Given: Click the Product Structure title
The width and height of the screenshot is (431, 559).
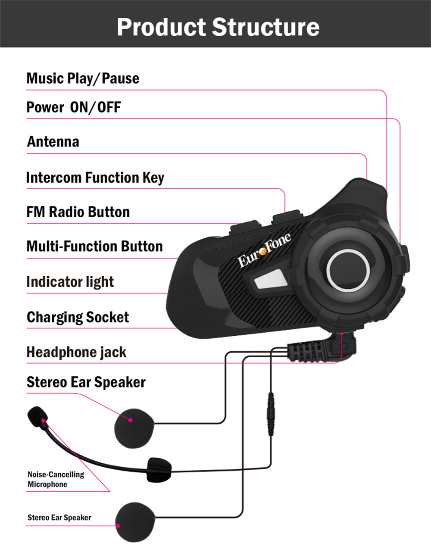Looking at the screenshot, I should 218,27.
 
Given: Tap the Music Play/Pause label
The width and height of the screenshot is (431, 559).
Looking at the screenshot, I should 83,78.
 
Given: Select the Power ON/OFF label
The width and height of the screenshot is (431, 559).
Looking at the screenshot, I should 74,107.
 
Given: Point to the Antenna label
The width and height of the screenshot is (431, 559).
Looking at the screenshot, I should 53,142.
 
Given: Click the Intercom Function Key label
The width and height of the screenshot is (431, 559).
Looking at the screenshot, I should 95,178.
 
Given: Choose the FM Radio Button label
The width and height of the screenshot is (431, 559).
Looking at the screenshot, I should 78,212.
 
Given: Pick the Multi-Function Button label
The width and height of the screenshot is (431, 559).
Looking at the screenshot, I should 94,247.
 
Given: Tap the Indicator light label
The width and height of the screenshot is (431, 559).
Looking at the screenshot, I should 70,282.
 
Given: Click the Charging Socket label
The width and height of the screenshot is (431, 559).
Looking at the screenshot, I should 78,317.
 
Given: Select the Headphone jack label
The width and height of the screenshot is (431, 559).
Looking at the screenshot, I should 76,352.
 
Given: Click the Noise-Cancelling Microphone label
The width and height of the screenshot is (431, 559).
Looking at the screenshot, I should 56,479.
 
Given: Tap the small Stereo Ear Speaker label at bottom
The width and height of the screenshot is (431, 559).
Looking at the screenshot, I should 59,518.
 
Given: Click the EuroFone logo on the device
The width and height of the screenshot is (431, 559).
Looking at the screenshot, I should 264,250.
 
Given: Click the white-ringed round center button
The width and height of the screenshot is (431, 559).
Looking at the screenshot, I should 347,270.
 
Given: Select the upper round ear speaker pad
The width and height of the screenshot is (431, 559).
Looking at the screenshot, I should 134,427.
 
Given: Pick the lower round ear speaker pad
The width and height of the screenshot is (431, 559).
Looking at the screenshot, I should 135,522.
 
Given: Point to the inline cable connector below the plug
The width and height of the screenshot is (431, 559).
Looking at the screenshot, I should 271,413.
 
